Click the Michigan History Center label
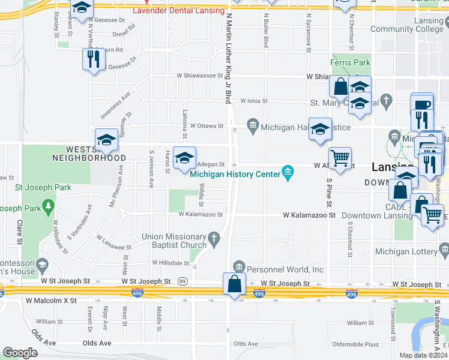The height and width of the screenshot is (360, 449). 235,174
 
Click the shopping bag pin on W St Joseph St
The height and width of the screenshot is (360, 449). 235,284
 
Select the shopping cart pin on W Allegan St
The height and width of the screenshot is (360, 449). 340,158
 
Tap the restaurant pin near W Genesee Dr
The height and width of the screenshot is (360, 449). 93,59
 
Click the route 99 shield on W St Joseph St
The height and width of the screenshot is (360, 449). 182,281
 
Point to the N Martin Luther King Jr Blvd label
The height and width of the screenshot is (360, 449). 228,60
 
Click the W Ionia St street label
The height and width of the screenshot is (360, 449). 254,101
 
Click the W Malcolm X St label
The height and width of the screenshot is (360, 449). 51,300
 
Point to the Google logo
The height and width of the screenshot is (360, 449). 20,353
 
